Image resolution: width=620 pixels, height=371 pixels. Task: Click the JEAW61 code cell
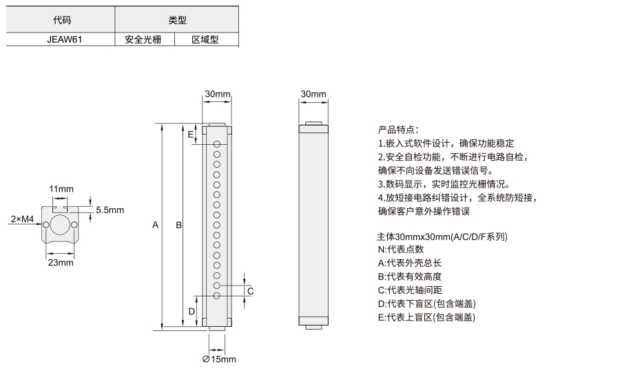[65, 39]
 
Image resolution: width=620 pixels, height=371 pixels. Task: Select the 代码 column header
[62, 20]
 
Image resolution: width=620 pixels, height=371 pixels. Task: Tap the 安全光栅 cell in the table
[143, 39]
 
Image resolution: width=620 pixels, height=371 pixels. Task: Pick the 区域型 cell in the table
[205, 39]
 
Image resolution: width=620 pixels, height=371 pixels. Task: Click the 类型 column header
[177, 20]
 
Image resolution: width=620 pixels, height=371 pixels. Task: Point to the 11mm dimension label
[61, 189]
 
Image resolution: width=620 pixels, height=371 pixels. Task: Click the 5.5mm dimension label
[110, 210]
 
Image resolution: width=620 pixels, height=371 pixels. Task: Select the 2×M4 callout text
[22, 219]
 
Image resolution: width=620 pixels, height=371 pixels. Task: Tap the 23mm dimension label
[61, 263]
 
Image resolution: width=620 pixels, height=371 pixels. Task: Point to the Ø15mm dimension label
[219, 359]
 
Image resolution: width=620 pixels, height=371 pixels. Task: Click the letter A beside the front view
[156, 225]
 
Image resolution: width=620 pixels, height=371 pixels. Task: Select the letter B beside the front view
[178, 225]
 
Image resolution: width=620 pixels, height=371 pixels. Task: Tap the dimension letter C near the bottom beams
[250, 292]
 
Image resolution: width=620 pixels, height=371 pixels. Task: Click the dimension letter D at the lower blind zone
[192, 312]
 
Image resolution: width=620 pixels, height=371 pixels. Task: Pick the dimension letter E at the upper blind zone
[191, 134]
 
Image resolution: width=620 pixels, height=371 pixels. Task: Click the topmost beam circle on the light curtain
[217, 144]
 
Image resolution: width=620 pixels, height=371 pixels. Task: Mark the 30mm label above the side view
[313, 94]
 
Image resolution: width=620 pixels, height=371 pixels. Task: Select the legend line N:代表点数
[401, 250]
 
